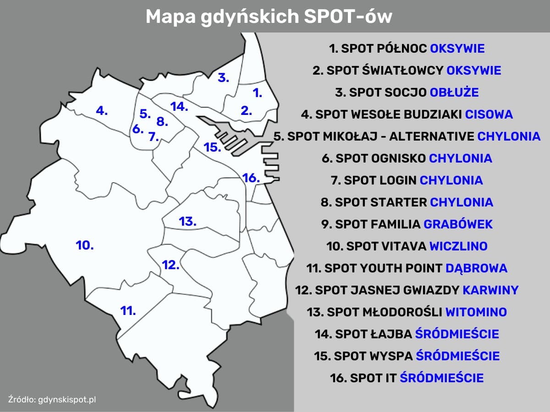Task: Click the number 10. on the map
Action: [x=85, y=245]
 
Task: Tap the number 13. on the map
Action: [x=187, y=222]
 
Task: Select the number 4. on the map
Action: [x=102, y=110]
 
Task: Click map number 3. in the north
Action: [x=223, y=77]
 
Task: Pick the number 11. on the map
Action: [x=128, y=311]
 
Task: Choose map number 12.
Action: [x=170, y=265]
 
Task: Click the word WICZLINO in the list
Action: [x=458, y=246]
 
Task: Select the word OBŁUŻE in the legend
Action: [x=454, y=92]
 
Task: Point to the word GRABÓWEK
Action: [x=458, y=224]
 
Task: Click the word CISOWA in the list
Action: [x=489, y=114]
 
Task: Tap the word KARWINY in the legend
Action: [x=490, y=290]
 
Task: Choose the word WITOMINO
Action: [x=476, y=312]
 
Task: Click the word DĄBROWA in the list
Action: [x=477, y=268]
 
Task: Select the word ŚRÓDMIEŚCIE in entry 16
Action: [x=442, y=378]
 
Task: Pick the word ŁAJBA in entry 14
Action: [x=391, y=334]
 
